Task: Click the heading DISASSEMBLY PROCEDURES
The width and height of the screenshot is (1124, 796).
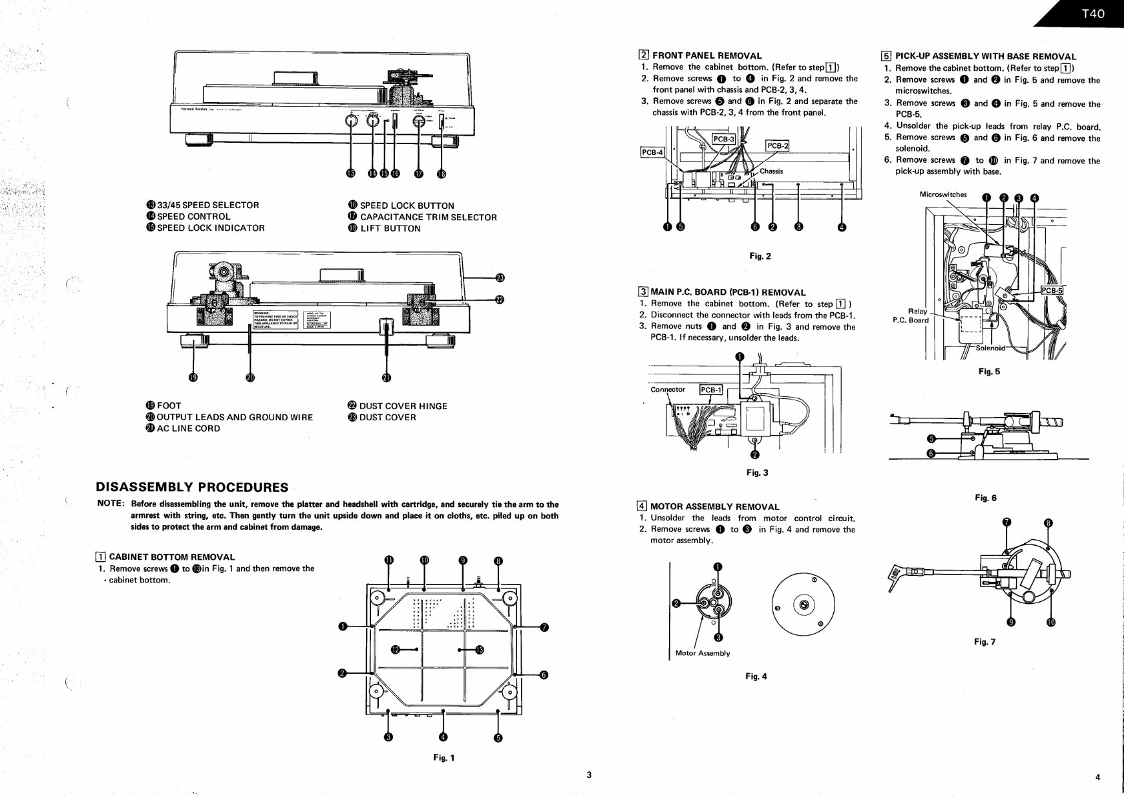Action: pyautogui.click(x=192, y=487)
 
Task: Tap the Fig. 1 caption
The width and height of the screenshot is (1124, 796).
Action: pyautogui.click(x=444, y=757)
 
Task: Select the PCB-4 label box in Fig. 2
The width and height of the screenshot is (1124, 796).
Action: pyautogui.click(x=652, y=152)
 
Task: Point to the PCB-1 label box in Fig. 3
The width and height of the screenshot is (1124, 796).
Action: pyautogui.click(x=710, y=390)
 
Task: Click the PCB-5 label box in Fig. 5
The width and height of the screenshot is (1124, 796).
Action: pyautogui.click(x=1052, y=290)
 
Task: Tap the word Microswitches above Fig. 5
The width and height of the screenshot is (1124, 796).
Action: pyautogui.click(x=943, y=195)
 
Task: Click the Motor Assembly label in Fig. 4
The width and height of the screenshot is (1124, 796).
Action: pyautogui.click(x=702, y=653)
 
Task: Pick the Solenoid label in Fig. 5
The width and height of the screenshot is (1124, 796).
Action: pyautogui.click(x=991, y=348)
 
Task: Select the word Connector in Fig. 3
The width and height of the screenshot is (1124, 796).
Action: pyautogui.click(x=667, y=390)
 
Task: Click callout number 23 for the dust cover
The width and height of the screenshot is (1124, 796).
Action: pyautogui.click(x=501, y=278)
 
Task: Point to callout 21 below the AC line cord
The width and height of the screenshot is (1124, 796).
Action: pyautogui.click(x=386, y=378)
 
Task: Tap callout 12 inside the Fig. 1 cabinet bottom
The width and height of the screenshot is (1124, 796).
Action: pyautogui.click(x=396, y=649)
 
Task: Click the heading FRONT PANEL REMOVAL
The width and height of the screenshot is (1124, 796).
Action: pyautogui.click(x=706, y=56)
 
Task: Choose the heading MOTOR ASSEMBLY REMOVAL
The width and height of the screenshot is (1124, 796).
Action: pyautogui.click(x=714, y=506)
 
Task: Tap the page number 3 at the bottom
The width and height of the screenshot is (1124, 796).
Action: pyautogui.click(x=588, y=775)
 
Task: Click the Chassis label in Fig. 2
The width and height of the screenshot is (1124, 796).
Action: pyautogui.click(x=771, y=171)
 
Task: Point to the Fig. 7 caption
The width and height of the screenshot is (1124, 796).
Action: pyautogui.click(x=984, y=642)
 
